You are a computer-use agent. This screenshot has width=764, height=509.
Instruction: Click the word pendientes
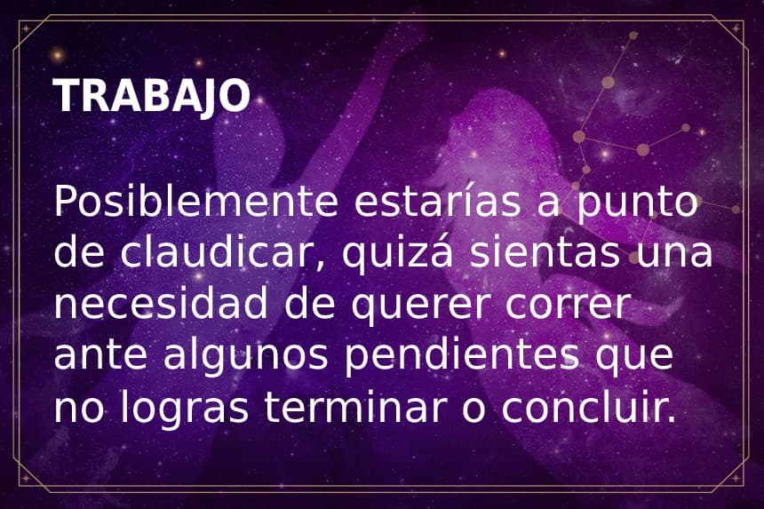[x=467, y=358]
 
